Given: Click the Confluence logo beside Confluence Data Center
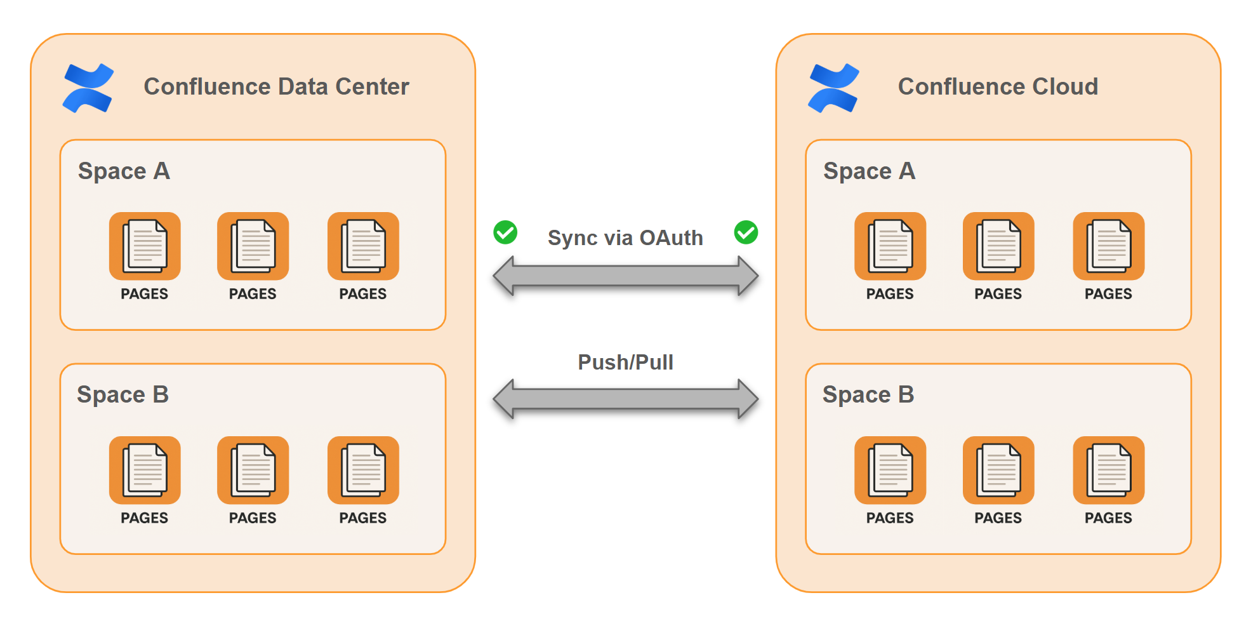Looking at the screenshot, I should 88,88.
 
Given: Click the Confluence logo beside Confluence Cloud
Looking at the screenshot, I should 833,88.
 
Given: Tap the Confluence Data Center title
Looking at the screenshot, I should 276,86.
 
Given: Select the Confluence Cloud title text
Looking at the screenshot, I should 998,86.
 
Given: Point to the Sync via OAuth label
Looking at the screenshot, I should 625,237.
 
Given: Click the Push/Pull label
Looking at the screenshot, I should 625,362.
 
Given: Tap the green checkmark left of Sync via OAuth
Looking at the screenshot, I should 505,232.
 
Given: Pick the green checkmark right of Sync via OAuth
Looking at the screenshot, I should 746,232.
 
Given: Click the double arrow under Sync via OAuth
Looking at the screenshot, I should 625,276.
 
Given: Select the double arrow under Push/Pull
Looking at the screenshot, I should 625,399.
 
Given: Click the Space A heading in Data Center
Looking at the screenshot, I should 124,171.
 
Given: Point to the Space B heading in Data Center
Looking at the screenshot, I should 122,395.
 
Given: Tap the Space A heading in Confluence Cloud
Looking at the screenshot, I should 869,171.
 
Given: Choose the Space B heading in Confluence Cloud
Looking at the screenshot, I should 868,395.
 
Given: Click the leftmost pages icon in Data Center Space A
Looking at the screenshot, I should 145,246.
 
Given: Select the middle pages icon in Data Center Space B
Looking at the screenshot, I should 253,471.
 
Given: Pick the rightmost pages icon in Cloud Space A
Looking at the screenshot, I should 1108,246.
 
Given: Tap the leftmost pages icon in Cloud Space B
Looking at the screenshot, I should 890,471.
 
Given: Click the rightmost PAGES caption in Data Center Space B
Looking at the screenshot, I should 362,518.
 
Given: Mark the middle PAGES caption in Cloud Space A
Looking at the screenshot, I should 998,294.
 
